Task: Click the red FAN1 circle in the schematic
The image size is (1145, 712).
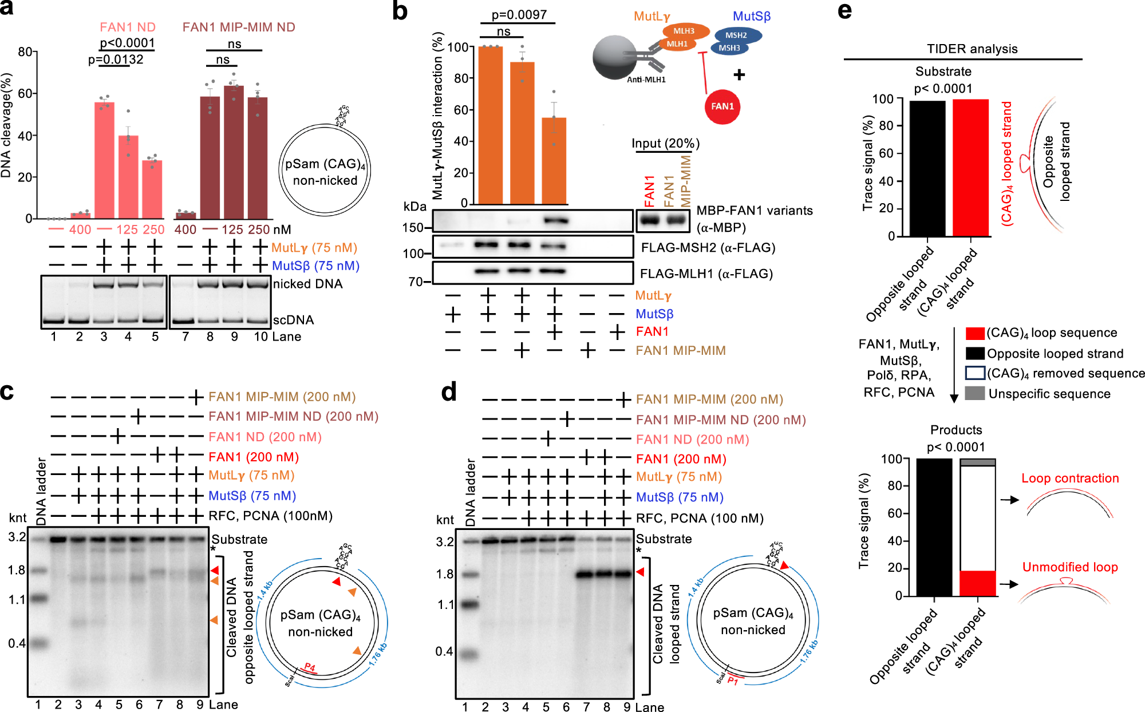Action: pyautogui.click(x=722, y=106)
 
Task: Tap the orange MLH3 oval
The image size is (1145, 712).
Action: pyautogui.click(x=684, y=31)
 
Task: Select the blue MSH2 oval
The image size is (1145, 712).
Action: pyautogui.click(x=736, y=35)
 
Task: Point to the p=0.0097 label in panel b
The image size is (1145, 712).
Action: pyautogui.click(x=519, y=14)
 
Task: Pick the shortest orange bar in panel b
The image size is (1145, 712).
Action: pyautogui.click(x=554, y=160)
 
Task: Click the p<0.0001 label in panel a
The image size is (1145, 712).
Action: pyautogui.click(x=127, y=43)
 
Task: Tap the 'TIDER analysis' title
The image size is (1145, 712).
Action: pyautogui.click(x=972, y=49)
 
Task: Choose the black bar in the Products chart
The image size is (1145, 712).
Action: pyautogui.click(x=934, y=527)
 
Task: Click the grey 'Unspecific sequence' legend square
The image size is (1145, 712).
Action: pyautogui.click(x=975, y=393)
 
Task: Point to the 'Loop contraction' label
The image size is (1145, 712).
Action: pyautogui.click(x=1070, y=478)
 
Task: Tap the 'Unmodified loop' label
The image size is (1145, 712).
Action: pyautogui.click(x=1070, y=567)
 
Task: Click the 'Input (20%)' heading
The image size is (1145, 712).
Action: pyautogui.click(x=665, y=143)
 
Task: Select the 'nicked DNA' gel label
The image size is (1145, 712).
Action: pyautogui.click(x=307, y=284)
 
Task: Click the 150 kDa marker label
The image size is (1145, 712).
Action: pyautogui.click(x=412, y=228)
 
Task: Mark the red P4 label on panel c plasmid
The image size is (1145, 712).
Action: pyautogui.click(x=310, y=667)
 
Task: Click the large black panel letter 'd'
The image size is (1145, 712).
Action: pyautogui.click(x=449, y=392)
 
